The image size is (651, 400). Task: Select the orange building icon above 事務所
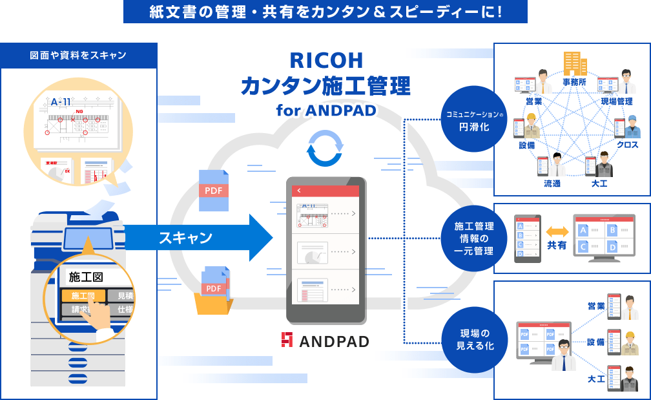[574, 64]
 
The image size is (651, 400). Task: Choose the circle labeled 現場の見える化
[477, 340]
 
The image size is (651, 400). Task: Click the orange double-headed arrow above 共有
[557, 231]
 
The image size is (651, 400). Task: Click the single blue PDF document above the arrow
[214, 190]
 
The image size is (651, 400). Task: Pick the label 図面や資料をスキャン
[78, 56]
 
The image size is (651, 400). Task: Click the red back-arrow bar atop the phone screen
[326, 191]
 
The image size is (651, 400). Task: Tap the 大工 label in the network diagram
[599, 184]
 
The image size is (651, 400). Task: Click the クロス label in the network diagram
[627, 145]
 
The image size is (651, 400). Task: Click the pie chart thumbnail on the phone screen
[313, 252]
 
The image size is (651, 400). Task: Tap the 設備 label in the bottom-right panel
[595, 342]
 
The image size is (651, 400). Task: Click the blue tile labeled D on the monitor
[612, 246]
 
